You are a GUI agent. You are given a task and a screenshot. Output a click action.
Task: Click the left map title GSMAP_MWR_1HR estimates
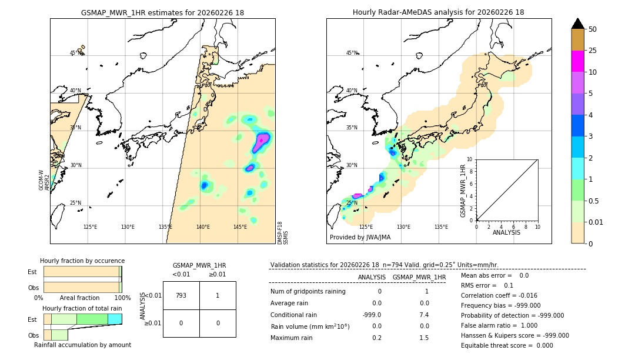[162, 12]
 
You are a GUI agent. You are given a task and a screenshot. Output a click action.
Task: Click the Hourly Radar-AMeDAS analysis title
[438, 12]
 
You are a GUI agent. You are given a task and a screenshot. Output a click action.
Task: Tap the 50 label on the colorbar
[593, 29]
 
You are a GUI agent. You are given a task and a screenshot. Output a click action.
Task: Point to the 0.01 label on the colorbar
[596, 222]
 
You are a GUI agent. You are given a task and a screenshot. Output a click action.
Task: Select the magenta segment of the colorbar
[577, 61]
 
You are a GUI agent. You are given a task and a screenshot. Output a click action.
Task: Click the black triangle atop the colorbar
[577, 24]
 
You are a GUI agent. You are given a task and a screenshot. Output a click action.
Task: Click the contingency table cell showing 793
[181, 295]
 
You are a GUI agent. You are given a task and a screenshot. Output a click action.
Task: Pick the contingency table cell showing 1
[217, 295]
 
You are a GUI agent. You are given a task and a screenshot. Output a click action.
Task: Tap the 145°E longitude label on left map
[240, 227]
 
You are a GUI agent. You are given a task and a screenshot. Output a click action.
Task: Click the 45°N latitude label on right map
[352, 53]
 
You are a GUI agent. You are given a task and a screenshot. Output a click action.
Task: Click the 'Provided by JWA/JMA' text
[360, 238]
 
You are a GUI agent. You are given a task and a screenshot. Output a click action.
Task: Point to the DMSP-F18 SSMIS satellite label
[283, 232]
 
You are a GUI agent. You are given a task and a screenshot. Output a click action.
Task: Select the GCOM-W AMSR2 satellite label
[45, 180]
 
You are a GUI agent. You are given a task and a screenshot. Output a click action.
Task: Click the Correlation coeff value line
[499, 295]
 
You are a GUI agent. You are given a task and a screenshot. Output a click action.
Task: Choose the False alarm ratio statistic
[499, 325]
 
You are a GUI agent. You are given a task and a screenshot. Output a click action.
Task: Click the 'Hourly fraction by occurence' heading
[82, 261]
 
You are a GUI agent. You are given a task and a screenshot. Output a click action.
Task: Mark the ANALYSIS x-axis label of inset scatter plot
[506, 232]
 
